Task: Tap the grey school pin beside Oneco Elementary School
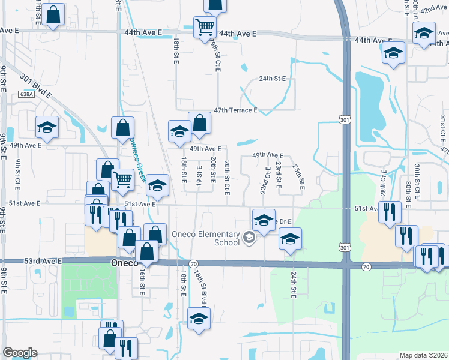pos(248,238)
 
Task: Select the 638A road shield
pos(26,94)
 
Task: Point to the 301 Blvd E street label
pos(36,86)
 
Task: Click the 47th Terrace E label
pos(236,110)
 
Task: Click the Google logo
pos(20,353)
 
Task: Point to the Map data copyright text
pos(423,355)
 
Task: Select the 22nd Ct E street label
pos(264,180)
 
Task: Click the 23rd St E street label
pos(278,175)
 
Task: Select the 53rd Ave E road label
pos(21,261)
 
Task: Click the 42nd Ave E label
pos(435,10)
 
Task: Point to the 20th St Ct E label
pos(227,178)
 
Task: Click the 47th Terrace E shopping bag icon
pos(199,124)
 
